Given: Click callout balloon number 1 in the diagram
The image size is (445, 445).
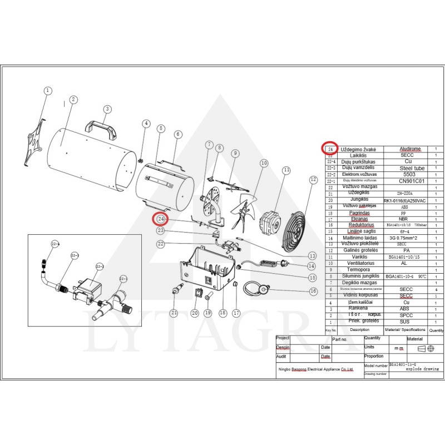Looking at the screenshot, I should [x=48, y=90].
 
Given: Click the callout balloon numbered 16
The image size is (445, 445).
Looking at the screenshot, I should [x=313, y=291].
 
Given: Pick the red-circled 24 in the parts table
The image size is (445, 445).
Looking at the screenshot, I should [x=330, y=149].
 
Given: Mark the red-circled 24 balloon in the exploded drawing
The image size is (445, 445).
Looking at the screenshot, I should [x=161, y=219].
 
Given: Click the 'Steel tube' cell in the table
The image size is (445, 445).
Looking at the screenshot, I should [x=412, y=168].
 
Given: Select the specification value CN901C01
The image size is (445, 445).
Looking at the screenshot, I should [x=412, y=181].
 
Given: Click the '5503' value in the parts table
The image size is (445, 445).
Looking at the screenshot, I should [x=412, y=174].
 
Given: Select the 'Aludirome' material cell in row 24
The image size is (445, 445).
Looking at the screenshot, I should [x=411, y=149].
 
